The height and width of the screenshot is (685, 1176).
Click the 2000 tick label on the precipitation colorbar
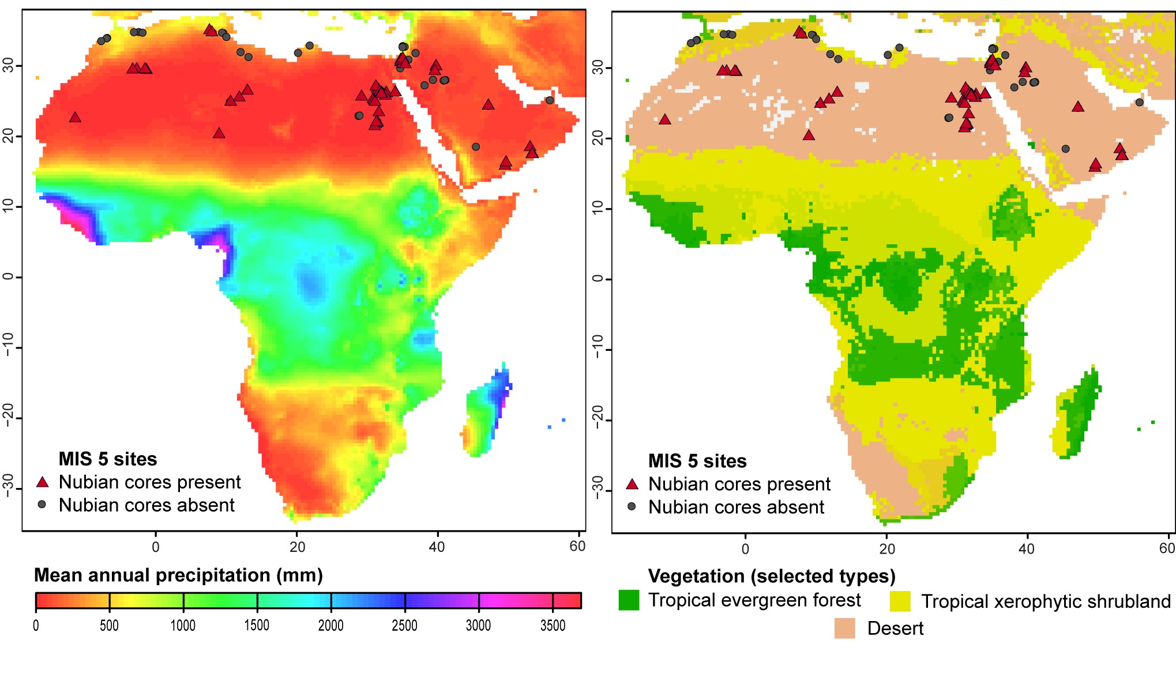[330, 626]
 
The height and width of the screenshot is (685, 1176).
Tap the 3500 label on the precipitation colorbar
[553, 626]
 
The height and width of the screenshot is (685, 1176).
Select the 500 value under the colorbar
[109, 626]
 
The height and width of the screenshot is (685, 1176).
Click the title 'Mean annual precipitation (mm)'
[178, 575]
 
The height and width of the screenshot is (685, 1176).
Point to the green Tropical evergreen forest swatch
[629, 600]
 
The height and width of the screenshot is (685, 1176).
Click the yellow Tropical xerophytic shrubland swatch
[900, 601]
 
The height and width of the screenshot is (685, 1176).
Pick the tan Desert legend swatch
[844, 629]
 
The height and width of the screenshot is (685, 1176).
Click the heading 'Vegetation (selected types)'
[772, 576]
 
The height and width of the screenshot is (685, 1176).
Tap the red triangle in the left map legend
[42, 482]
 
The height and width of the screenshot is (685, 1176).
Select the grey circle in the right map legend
[632, 506]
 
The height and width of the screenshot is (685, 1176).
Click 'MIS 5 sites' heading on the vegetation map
[697, 461]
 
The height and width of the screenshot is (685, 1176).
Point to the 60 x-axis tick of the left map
[577, 546]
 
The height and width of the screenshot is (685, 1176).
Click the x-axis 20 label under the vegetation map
[887, 548]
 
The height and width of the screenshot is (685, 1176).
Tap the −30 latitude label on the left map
[8, 485]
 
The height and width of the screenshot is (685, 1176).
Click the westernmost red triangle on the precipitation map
[75, 118]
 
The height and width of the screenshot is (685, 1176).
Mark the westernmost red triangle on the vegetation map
[665, 120]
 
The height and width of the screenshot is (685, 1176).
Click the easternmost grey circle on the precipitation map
[550, 100]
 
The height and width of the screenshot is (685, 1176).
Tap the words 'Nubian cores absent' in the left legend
[146, 505]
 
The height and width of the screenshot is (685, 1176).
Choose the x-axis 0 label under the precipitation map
[156, 546]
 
